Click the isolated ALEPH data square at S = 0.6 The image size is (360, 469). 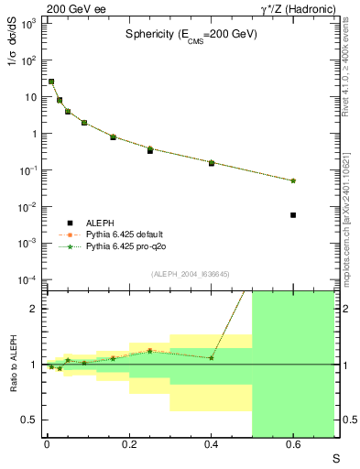(293, 215)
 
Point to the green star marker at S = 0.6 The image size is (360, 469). (293, 180)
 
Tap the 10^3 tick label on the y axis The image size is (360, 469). (29, 24)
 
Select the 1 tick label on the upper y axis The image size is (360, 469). (36, 134)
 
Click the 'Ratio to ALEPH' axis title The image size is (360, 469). (10, 365)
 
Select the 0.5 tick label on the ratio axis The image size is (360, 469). (32, 420)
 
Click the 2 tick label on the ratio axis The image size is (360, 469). (36, 309)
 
